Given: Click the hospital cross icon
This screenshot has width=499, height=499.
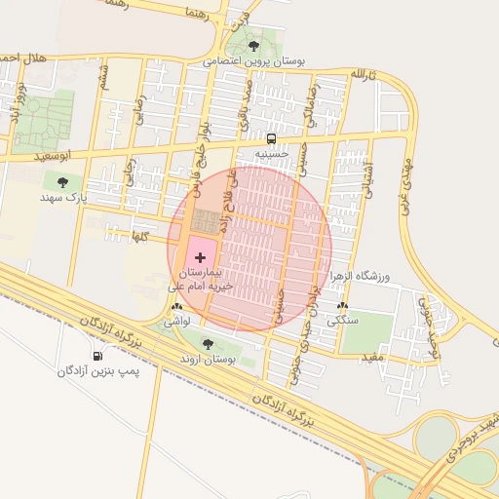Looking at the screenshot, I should tap(201, 257).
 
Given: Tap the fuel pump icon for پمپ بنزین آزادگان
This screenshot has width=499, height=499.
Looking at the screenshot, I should tap(97, 356).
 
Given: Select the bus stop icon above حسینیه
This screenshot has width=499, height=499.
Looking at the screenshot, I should tap(271, 138).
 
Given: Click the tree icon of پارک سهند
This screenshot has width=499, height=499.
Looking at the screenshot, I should tap(63, 182).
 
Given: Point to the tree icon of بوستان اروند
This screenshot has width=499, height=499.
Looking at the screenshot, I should tap(207, 343).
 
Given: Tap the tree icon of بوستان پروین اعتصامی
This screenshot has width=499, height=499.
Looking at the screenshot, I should tap(254, 46).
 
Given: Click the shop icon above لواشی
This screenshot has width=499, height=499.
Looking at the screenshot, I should tap(176, 307).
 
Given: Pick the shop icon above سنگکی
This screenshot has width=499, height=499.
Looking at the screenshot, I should tap(342, 305).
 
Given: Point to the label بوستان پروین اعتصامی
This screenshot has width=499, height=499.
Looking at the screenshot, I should tap(254, 60).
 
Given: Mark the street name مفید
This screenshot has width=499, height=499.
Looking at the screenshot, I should tap(372, 358).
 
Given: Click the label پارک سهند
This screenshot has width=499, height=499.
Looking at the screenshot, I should tap(63, 198).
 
